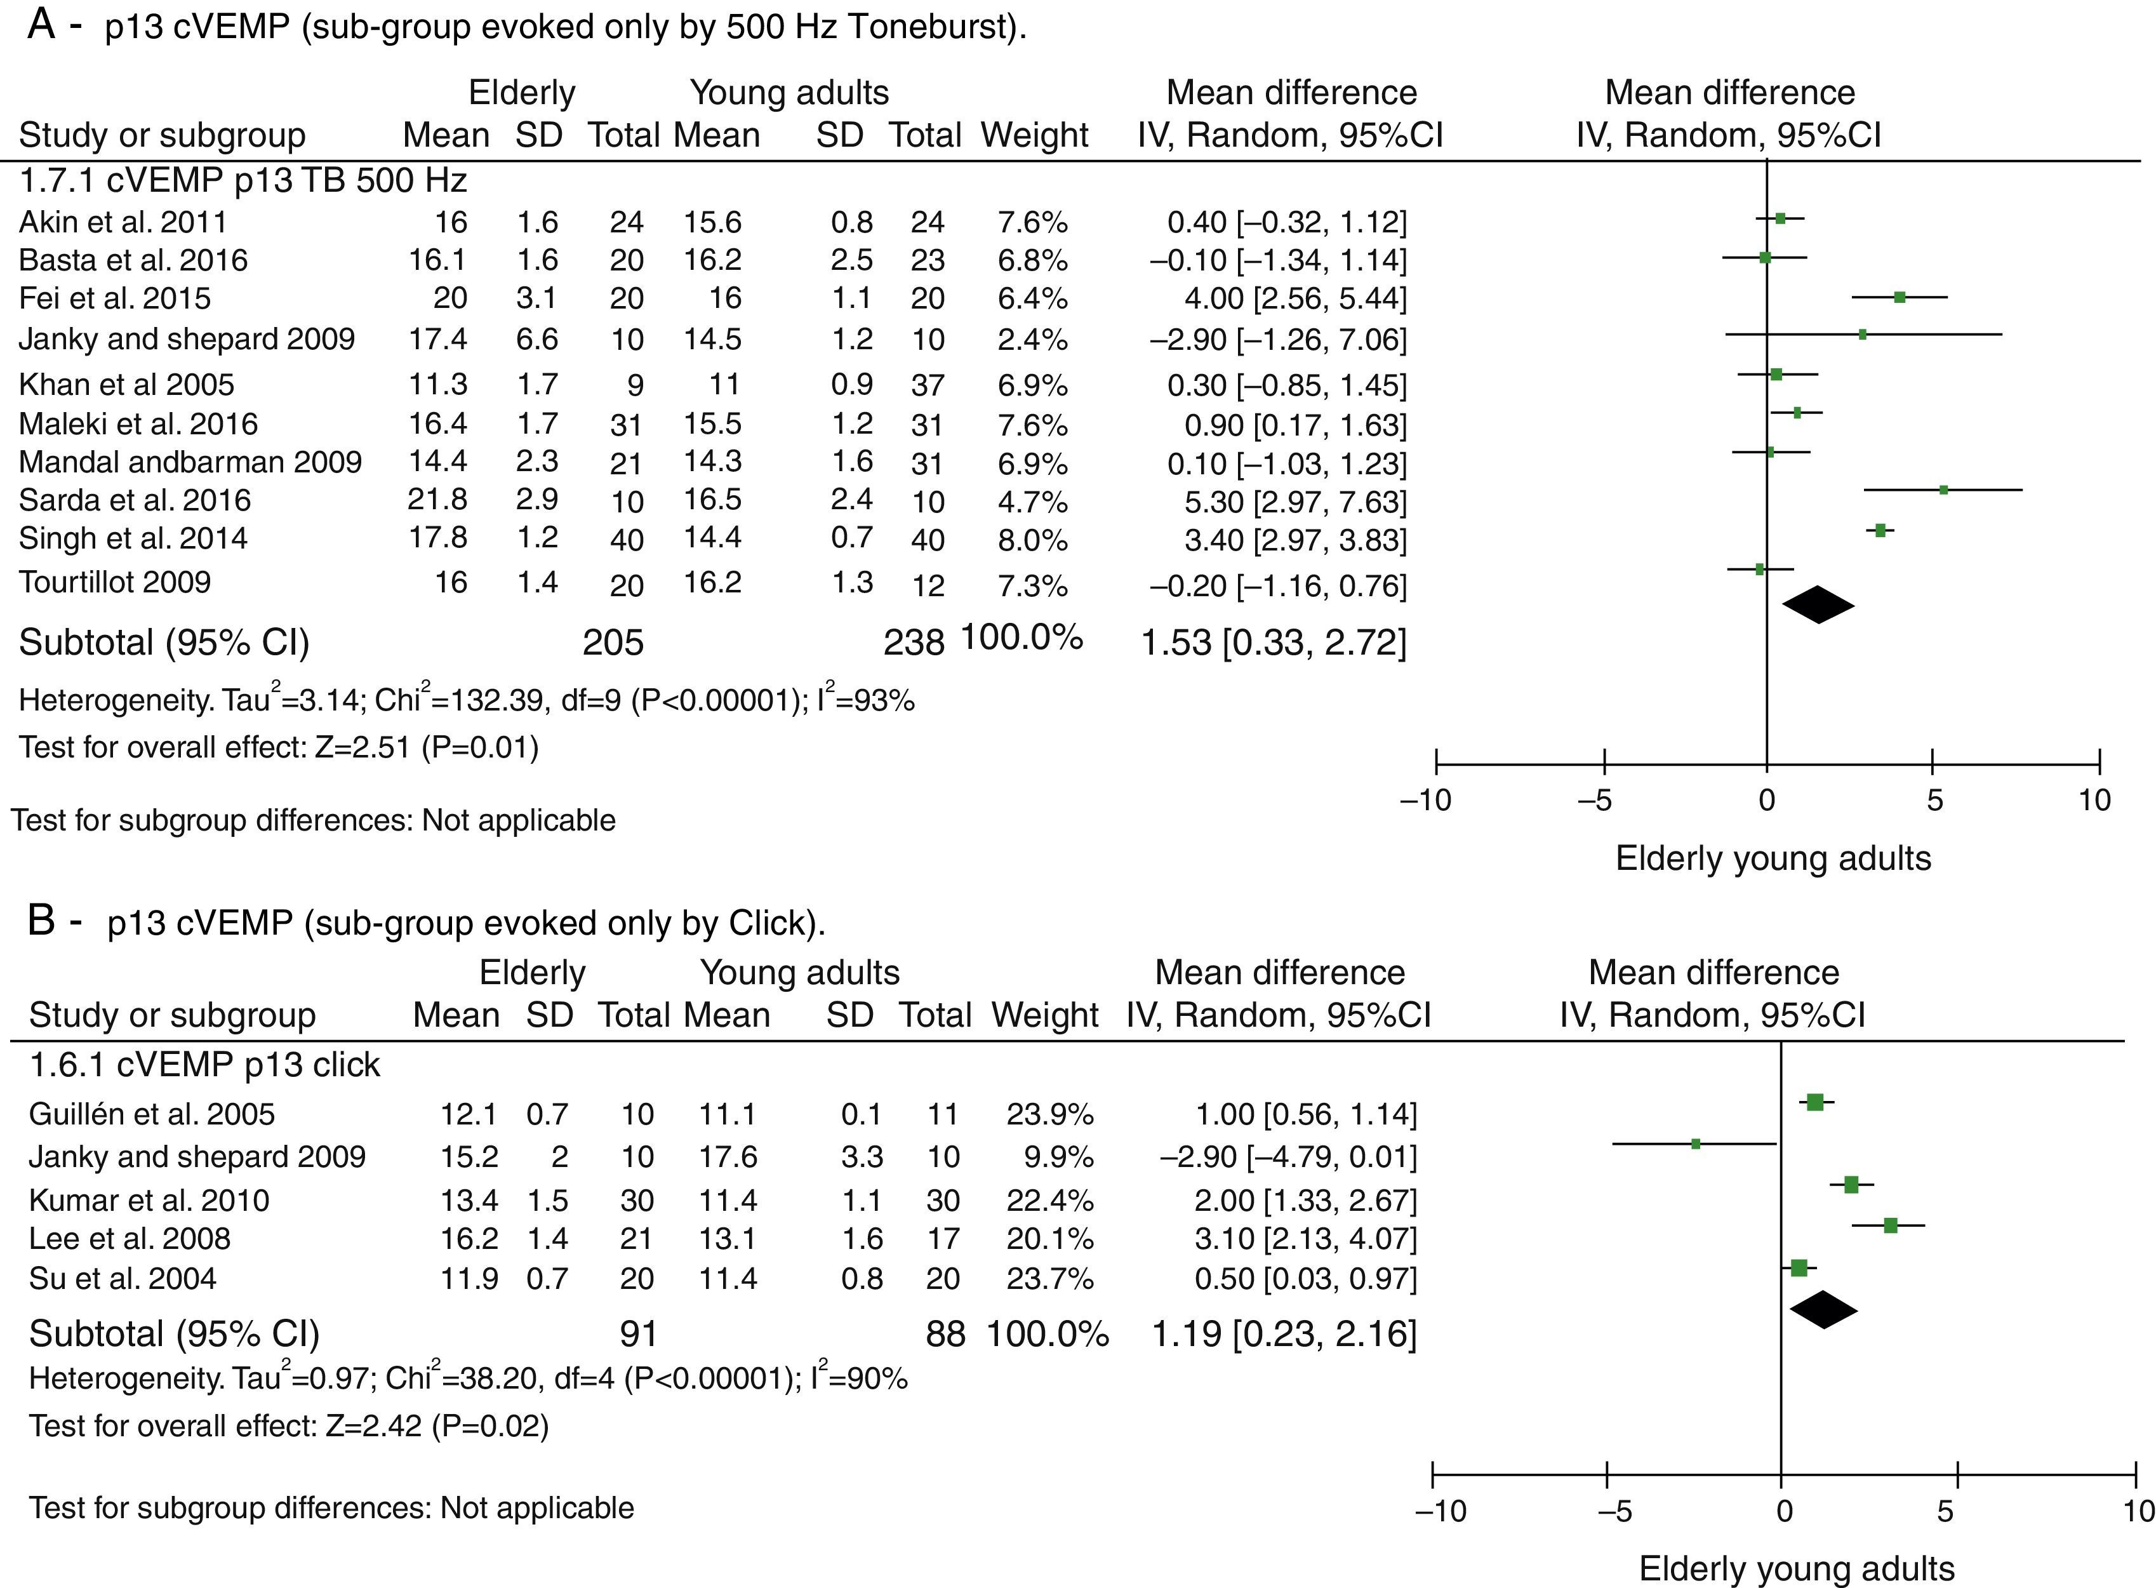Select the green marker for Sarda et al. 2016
coord(1943,490)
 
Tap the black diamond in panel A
coord(1818,604)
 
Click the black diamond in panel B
coord(1823,1309)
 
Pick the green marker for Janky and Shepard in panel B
coord(1696,1144)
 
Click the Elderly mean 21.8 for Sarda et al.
coord(437,500)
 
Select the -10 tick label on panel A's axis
coord(1427,801)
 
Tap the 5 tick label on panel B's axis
coord(1945,1512)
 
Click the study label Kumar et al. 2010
coord(149,1201)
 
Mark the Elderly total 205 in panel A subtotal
coord(613,642)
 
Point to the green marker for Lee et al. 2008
coord(1890,1225)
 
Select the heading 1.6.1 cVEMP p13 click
coord(204,1065)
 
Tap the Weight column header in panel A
coord(1034,135)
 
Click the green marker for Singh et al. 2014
coord(1880,530)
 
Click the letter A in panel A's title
coord(41,25)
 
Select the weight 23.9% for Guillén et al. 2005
coord(1049,1114)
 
